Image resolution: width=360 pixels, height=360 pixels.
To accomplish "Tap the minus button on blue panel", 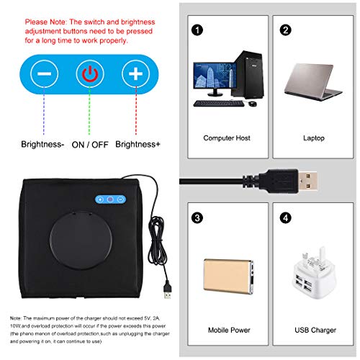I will pos(44,73).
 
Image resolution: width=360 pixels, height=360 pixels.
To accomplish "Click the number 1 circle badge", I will pos(197,30).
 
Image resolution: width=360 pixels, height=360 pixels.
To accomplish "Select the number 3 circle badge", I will pos(197,217).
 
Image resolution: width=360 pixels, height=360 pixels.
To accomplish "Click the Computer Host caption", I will pos(226,138).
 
